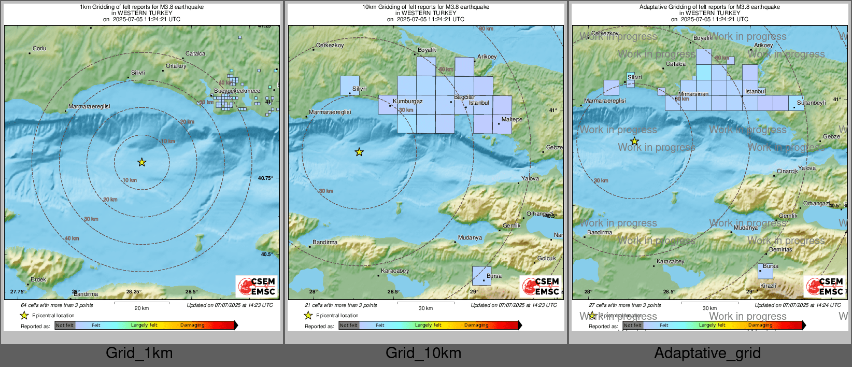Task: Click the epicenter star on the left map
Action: point(141,163)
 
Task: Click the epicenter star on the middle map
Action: point(359,152)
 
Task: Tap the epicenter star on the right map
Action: point(634,142)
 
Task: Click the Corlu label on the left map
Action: point(39,48)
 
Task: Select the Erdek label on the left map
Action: point(38,279)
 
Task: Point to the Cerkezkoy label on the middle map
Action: point(330,45)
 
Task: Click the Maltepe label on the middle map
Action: point(512,119)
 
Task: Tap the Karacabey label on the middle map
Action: point(395,271)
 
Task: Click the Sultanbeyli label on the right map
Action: point(811,103)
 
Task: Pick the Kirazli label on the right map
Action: point(768,286)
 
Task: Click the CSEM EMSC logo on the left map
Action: point(257,286)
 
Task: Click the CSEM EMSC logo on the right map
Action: point(825,286)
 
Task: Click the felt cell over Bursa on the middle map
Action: point(481,276)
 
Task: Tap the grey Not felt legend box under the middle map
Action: point(349,326)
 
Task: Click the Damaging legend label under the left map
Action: point(192,325)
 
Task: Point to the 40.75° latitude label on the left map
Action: point(265,178)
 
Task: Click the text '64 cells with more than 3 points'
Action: point(57,305)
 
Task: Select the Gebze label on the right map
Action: point(831,136)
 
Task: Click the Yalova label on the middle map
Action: point(530,178)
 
